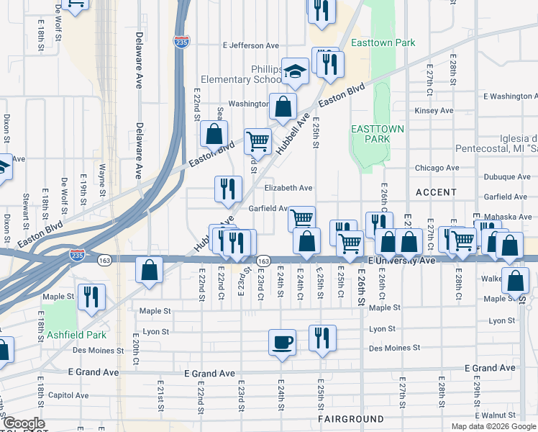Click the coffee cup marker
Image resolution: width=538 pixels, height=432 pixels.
[x=282, y=341]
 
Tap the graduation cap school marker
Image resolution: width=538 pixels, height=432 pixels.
[x=295, y=71]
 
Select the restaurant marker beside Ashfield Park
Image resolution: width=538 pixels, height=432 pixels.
[x=91, y=296]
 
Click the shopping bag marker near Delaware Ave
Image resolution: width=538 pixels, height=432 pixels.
[x=149, y=271]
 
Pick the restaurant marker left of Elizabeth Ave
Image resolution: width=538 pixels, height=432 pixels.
[x=228, y=189]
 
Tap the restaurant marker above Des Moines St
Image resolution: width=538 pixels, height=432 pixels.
[x=322, y=337]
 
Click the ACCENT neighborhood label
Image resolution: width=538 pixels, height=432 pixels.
[x=436, y=192]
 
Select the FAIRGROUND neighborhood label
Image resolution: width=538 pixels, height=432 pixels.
[x=351, y=418]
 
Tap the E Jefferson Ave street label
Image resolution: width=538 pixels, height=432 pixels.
[x=255, y=45]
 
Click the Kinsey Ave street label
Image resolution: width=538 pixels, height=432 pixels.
[x=434, y=110]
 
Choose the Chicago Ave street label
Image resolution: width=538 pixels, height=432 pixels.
[x=437, y=168]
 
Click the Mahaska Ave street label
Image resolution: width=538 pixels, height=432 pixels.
[x=507, y=217]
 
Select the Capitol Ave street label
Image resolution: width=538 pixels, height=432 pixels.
[x=68, y=395]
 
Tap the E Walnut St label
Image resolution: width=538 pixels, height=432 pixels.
[x=505, y=415]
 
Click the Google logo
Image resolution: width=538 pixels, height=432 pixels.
[x=23, y=423]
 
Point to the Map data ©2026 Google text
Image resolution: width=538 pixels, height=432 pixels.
[x=493, y=426]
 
